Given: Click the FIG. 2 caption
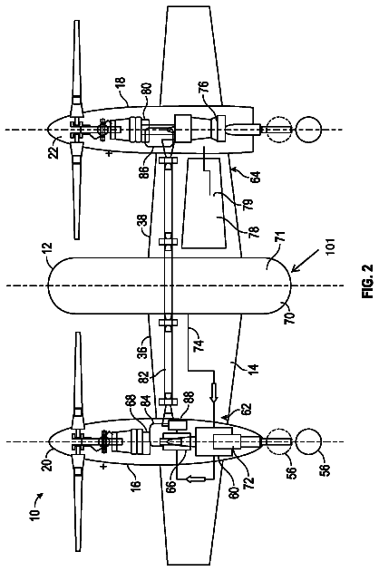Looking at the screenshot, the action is [368, 281].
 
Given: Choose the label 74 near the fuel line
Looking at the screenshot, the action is [199, 344].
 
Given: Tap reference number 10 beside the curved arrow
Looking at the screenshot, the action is [35, 515].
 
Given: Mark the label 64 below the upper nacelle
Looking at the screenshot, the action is [256, 176].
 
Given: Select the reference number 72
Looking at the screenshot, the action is [249, 481].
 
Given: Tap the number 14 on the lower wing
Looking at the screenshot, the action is [253, 371].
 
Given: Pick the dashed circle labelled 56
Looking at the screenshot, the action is [279, 441].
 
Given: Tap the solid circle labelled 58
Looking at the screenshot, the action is [308, 441].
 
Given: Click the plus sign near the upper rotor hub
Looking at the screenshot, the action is [109, 154].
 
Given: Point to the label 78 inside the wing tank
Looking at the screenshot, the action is [254, 231].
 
